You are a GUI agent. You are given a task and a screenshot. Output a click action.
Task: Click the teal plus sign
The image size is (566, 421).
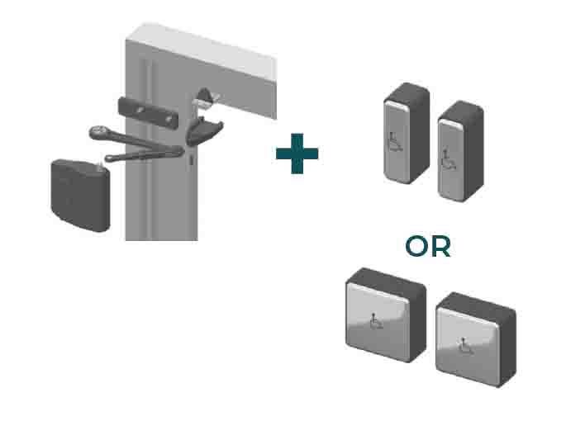pyautogui.click(x=297, y=154)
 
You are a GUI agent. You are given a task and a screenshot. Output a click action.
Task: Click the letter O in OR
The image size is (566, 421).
pyautogui.click(x=417, y=247)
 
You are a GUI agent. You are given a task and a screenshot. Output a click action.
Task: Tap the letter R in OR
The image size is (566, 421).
pyautogui.click(x=441, y=247)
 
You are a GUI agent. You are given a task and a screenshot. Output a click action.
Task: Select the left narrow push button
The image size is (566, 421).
pyautogui.click(x=407, y=133)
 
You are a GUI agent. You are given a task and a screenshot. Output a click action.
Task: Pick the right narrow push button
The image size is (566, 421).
pyautogui.click(x=460, y=151)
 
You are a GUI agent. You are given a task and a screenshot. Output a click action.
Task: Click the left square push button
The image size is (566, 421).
pyautogui.click(x=386, y=315)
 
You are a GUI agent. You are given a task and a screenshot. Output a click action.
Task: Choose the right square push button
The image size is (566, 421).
pyautogui.click(x=476, y=339)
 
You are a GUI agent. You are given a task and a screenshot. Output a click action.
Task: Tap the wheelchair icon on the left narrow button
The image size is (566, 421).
pyautogui.click(x=394, y=142)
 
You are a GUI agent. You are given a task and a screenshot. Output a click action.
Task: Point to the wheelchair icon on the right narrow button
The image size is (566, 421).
pyautogui.click(x=448, y=159)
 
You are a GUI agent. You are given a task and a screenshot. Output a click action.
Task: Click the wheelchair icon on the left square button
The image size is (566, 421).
pyautogui.click(x=375, y=321)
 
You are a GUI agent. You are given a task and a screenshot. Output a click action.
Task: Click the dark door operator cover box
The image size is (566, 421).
pyautogui.click(x=80, y=195)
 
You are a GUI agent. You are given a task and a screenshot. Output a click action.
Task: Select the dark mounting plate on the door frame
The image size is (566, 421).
pyautogui.click(x=149, y=113)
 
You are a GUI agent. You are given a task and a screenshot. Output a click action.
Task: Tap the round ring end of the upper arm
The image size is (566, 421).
pyautogui.click(x=98, y=132)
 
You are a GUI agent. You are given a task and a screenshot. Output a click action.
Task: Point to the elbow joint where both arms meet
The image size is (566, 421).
pyautogui.click(x=178, y=150)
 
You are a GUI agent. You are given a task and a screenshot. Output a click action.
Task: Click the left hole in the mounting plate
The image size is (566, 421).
pyautogui.click(x=140, y=110)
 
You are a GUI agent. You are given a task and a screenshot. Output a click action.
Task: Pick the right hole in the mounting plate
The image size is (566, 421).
pyautogui.click(x=169, y=118)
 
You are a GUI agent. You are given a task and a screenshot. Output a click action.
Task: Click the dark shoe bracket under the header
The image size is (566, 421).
pyautogui.click(x=203, y=132)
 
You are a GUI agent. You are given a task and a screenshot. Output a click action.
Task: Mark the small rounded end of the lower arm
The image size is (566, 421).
pyautogui.click(x=109, y=158)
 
